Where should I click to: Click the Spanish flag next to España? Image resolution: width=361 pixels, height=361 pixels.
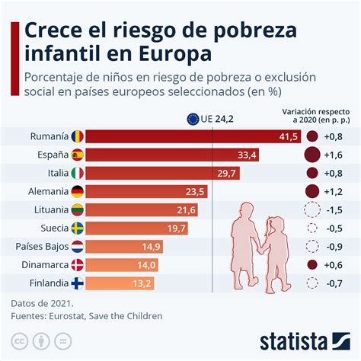click(78, 155)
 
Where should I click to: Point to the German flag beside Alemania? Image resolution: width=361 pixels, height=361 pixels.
click(78, 191)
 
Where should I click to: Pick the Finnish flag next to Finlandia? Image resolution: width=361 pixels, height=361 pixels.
click(78, 283)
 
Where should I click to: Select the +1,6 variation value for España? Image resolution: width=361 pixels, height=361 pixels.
click(333, 155)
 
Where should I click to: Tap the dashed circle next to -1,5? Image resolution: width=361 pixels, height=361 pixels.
click(311, 209)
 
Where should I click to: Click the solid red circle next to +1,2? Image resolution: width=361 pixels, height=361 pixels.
click(311, 191)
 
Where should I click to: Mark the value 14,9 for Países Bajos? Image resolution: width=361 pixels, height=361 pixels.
click(150, 246)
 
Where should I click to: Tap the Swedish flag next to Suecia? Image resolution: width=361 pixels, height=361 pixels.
click(78, 228)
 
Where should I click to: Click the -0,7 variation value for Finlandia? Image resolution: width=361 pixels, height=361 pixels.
click(333, 283)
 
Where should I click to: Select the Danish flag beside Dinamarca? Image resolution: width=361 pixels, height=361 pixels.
click(78, 264)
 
